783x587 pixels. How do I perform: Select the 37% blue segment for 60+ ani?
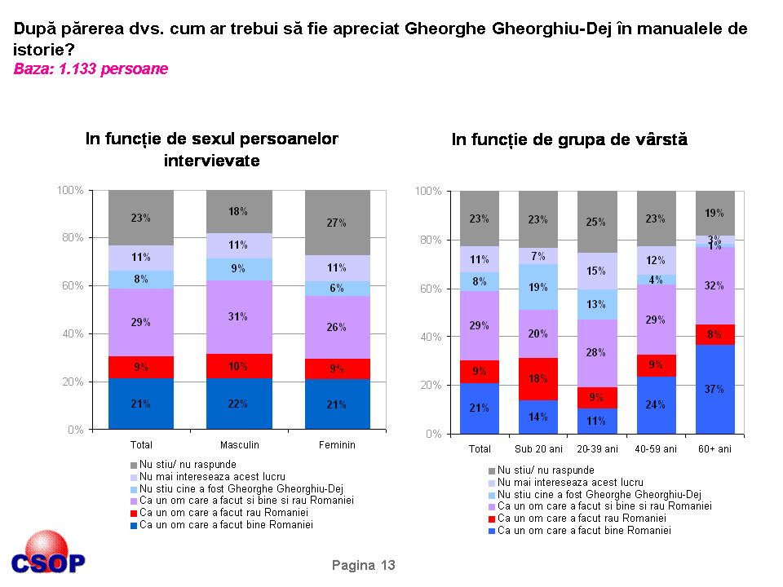click(715, 389)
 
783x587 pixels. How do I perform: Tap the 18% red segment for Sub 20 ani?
click(538, 379)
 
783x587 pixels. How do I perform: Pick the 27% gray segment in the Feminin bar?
click(337, 223)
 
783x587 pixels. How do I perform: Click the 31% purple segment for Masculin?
click(239, 317)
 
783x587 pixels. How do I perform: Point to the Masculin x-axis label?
click(239, 445)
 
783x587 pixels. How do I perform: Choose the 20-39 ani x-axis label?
click(597, 449)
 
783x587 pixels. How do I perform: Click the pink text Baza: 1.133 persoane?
click(91, 69)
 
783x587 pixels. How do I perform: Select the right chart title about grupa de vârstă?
click(569, 139)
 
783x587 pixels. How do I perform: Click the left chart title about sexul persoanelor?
click(212, 149)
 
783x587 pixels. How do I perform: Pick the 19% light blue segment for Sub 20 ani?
click(538, 287)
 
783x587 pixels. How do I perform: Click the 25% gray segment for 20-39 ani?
click(597, 222)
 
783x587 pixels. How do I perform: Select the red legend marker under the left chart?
click(134, 513)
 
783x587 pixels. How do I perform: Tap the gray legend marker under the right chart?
click(491, 470)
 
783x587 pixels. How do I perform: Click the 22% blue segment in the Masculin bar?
click(239, 403)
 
